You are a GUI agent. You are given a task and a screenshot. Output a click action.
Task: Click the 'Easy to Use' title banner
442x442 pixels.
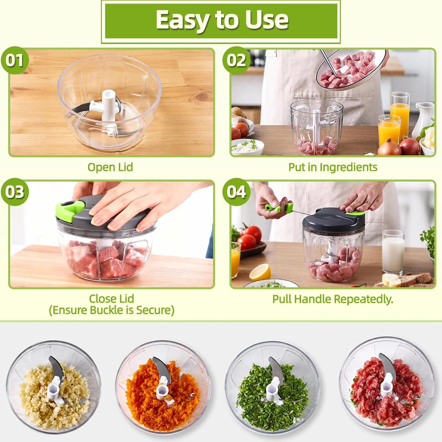(221, 21)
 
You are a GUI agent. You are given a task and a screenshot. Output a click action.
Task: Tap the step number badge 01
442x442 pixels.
(15, 61)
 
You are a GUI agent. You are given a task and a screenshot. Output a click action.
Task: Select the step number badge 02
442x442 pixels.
(236, 61)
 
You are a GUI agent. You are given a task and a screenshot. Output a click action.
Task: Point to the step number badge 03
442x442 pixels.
(15, 192)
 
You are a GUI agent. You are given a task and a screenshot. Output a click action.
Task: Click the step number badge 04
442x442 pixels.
(236, 192)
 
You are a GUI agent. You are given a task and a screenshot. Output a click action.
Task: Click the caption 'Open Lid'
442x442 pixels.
(110, 167)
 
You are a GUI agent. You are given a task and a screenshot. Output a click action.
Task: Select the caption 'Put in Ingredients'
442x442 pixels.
(333, 167)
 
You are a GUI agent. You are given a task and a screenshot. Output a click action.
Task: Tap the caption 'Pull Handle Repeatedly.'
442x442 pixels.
(333, 299)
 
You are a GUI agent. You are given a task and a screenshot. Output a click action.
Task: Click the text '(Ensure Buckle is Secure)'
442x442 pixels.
(112, 310)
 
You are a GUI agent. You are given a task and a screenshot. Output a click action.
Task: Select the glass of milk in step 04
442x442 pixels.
(394, 252)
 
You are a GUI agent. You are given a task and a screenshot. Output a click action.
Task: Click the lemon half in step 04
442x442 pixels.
(260, 272)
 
